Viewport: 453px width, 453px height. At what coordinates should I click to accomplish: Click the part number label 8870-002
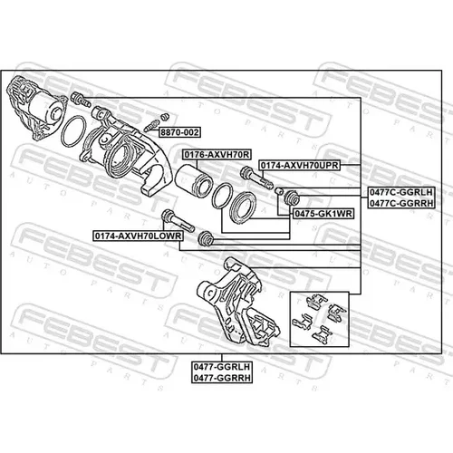point(179,132)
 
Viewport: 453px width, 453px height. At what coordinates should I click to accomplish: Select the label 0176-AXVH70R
point(217,155)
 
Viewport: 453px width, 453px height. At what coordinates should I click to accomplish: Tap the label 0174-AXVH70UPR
point(300,165)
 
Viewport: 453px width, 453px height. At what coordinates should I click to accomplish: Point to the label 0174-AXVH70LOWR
point(138,236)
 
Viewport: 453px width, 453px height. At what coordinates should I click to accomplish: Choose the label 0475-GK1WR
point(323,214)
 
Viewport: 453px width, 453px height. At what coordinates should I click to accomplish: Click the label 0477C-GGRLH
point(401,192)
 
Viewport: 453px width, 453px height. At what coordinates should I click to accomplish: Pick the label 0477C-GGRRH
point(401,203)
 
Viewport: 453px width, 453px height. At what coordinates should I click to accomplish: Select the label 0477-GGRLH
point(222,367)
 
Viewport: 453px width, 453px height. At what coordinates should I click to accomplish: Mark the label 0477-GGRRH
point(222,378)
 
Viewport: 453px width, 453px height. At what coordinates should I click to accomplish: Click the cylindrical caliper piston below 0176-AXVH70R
point(193,178)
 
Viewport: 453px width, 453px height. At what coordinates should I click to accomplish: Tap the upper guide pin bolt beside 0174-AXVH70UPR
point(256,178)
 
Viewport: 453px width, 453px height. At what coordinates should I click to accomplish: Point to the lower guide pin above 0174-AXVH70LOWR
point(178,221)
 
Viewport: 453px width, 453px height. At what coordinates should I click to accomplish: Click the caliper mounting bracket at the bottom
point(238,302)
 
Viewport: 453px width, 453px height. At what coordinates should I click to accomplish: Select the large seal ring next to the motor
point(73,131)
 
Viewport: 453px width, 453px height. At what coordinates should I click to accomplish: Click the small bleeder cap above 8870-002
point(165,117)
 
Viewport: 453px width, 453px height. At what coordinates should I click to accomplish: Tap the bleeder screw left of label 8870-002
point(151,125)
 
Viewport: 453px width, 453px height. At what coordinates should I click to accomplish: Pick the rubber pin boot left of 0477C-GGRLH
point(292,198)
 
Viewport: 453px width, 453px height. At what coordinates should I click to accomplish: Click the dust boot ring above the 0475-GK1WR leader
point(244,207)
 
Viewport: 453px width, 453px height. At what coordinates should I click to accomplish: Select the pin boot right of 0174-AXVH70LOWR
point(206,237)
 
